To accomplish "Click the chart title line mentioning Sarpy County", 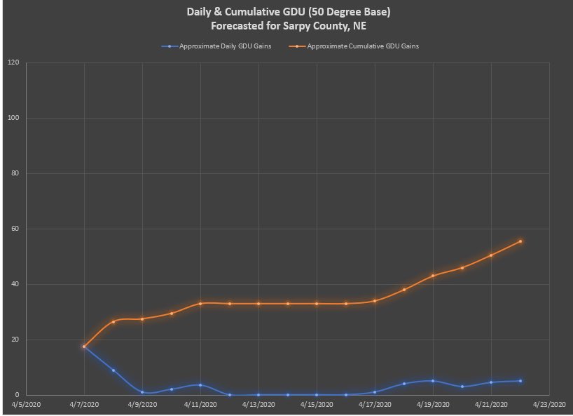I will click(x=286, y=26).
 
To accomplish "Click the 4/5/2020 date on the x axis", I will click(x=26, y=405).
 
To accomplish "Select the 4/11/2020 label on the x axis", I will click(x=200, y=405).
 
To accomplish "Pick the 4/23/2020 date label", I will click(x=549, y=405).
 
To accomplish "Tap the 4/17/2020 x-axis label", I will click(x=375, y=405).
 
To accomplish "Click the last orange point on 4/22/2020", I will click(x=520, y=241).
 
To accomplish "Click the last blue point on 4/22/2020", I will click(x=520, y=381).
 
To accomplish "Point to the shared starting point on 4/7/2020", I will click(x=84, y=347).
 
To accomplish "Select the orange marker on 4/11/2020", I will click(x=200, y=304).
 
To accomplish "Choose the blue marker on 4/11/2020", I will click(x=200, y=385).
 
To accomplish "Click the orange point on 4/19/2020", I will click(x=433, y=276).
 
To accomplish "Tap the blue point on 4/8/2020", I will click(x=113, y=370).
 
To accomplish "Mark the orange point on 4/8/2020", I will click(x=113, y=322).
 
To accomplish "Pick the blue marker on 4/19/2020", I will click(x=433, y=381).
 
